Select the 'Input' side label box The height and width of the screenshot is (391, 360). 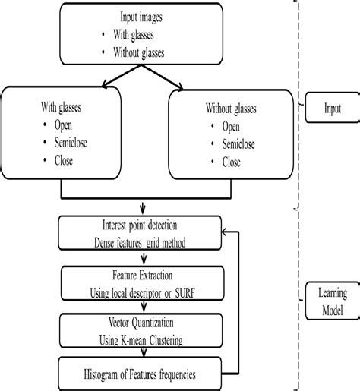point(330,109)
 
